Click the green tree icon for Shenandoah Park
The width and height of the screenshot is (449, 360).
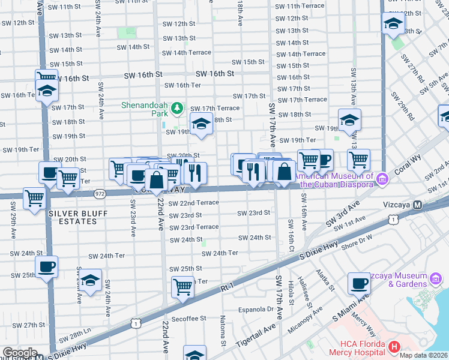click(x=176, y=109)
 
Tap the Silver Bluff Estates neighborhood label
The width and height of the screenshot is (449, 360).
click(x=73, y=217)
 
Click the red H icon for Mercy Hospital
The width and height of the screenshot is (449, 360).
click(x=394, y=346)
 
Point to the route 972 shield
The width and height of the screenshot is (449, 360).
click(x=100, y=194)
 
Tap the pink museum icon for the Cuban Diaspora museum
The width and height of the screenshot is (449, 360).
click(x=381, y=179)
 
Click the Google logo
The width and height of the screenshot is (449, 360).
click(x=19, y=353)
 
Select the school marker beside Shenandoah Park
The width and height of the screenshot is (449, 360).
click(x=201, y=124)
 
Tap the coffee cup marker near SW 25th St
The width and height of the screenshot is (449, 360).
click(x=46, y=266)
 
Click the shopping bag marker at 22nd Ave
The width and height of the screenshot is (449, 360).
click(x=156, y=180)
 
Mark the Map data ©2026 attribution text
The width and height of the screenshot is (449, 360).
click(x=424, y=355)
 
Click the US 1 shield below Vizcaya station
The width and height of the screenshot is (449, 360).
click(x=391, y=220)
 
